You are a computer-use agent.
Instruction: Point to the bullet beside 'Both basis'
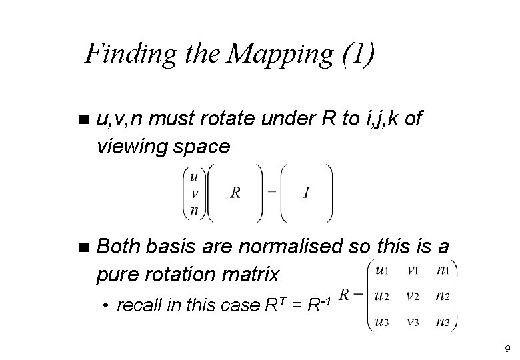point(83,248)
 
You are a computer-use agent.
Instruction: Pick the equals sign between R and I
point(271,193)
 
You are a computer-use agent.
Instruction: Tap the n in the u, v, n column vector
point(194,211)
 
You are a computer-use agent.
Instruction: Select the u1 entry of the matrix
point(382,270)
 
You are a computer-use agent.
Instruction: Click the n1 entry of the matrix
point(443,270)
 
